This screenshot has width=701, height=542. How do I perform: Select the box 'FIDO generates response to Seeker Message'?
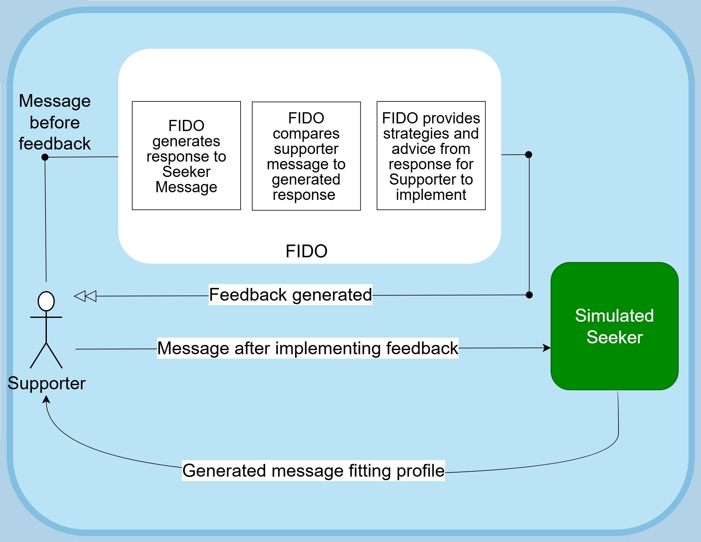pyautogui.click(x=186, y=156)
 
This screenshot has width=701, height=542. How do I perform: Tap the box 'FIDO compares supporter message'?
pyautogui.click(x=306, y=156)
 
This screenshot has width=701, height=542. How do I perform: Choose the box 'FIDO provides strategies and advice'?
pyautogui.click(x=431, y=156)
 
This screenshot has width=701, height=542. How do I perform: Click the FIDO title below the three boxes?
pyautogui.click(x=306, y=251)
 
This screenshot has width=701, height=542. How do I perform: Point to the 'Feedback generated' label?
pyautogui.click(x=290, y=295)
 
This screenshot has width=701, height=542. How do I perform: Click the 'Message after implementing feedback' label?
pyautogui.click(x=307, y=348)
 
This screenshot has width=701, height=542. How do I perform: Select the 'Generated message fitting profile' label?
pyautogui.click(x=313, y=471)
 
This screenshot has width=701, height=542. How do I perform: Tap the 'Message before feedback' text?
pyautogui.click(x=54, y=122)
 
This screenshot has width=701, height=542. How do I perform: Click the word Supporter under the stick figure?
pyautogui.click(x=47, y=383)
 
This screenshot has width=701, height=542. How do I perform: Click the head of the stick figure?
pyautogui.click(x=46, y=301)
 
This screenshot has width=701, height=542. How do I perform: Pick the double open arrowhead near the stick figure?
pyautogui.click(x=85, y=296)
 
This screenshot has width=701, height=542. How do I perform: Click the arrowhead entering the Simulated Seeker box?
pyautogui.click(x=547, y=348)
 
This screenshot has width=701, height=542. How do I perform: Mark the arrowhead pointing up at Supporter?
pyautogui.click(x=47, y=399)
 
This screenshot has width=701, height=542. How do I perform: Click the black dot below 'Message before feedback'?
pyautogui.click(x=45, y=157)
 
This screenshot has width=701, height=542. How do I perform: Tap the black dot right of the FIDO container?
pyautogui.click(x=529, y=155)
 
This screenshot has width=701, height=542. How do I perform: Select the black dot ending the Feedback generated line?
pyautogui.click(x=529, y=295)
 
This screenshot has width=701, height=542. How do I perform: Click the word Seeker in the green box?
pyautogui.click(x=614, y=337)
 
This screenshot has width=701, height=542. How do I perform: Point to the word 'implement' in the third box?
pyautogui.click(x=431, y=194)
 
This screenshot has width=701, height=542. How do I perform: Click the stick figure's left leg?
pyautogui.click(x=38, y=355)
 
